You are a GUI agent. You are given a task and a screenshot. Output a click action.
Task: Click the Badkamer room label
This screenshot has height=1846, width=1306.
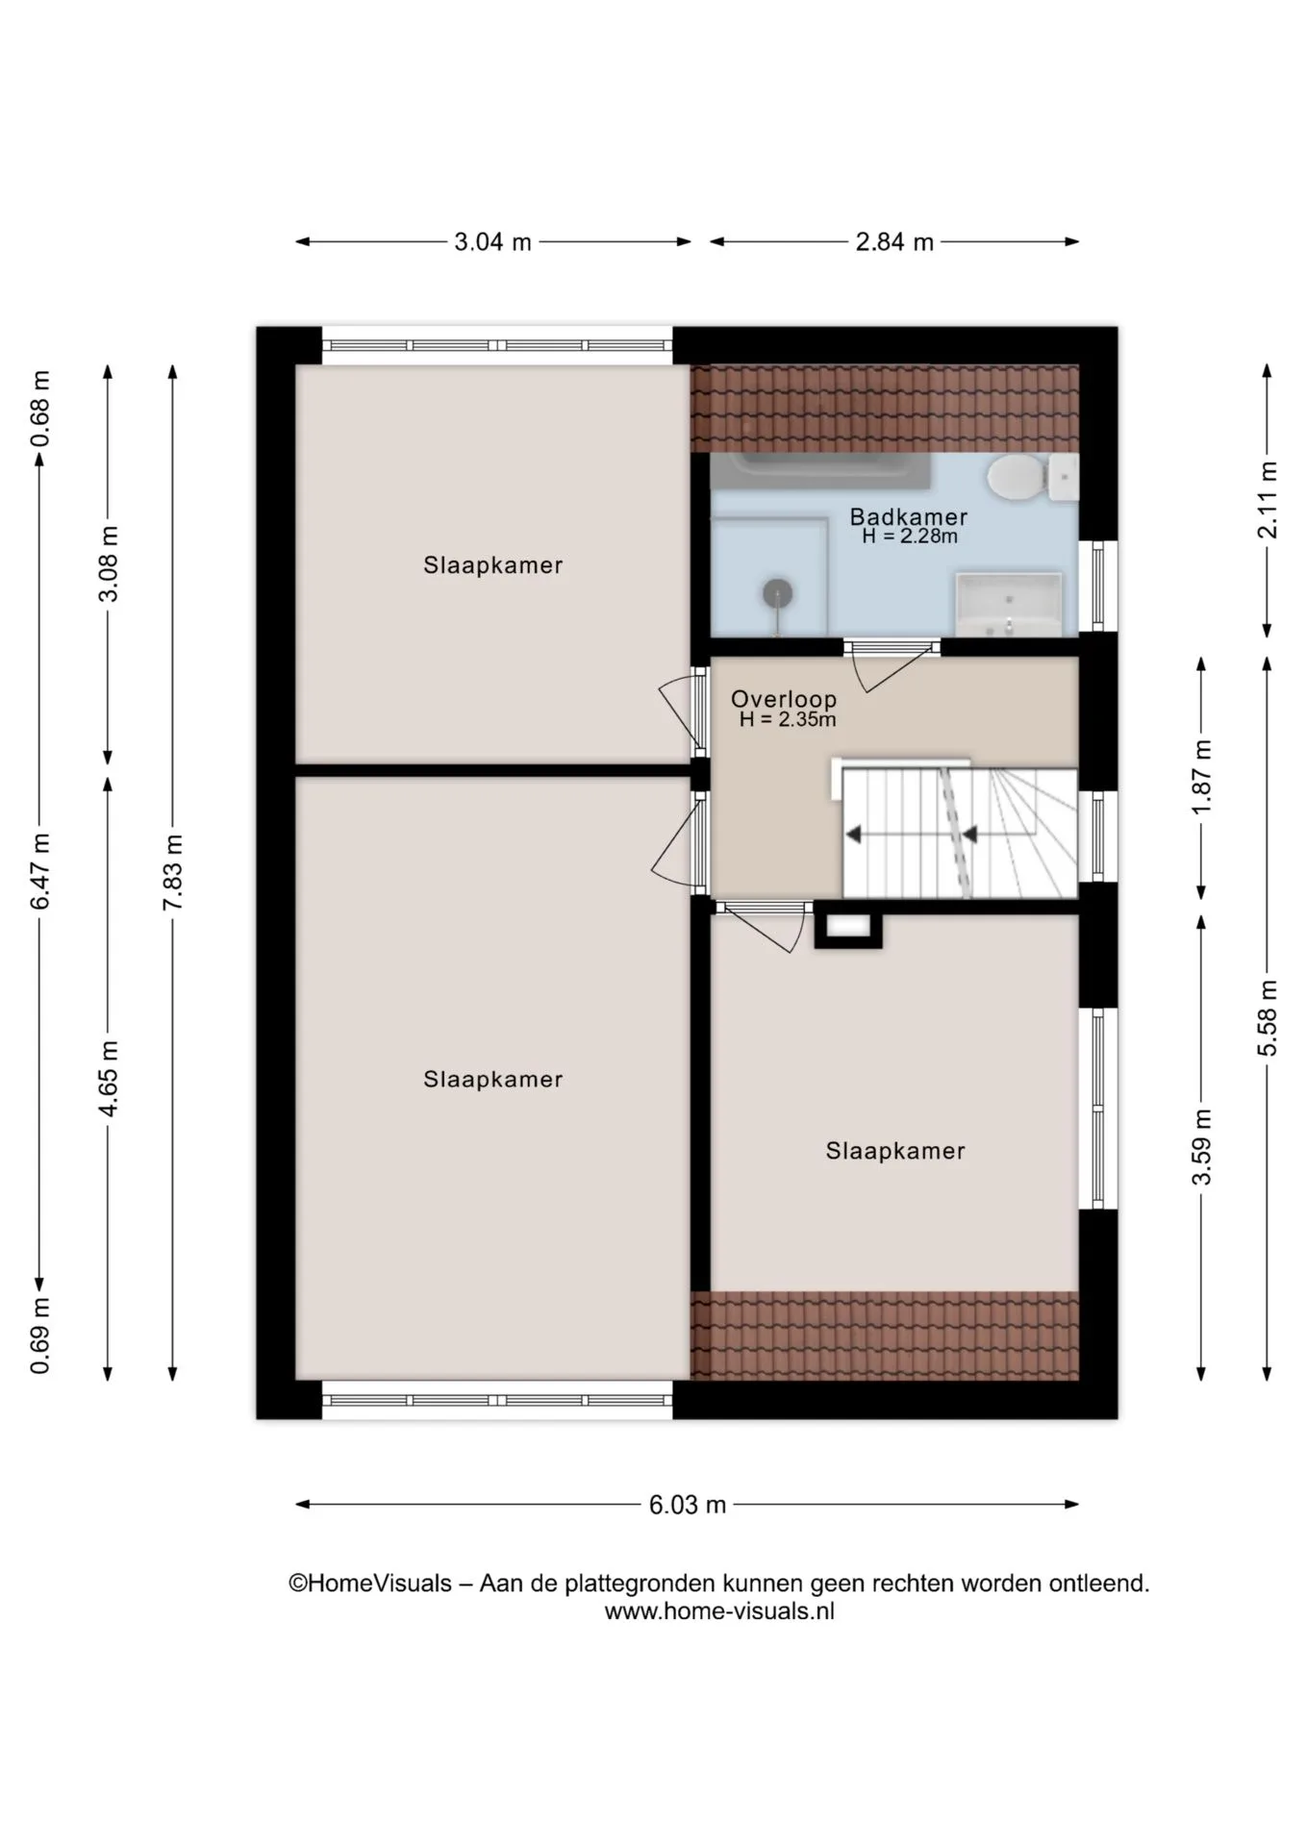[x=908, y=517]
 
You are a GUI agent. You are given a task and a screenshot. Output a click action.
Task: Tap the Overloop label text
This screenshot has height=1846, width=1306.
[x=783, y=699]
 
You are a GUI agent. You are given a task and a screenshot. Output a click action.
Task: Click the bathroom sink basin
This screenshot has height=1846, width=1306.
[x=1008, y=604]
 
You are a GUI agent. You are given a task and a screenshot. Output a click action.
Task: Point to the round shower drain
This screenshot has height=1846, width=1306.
[x=777, y=593]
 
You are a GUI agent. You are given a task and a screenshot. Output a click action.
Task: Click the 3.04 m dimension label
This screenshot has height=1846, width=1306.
[x=492, y=241]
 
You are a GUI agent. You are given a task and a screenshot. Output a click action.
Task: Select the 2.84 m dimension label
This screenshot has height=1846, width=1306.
[x=894, y=241]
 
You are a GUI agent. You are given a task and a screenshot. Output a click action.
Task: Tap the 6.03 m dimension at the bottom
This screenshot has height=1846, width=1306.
[x=687, y=1505]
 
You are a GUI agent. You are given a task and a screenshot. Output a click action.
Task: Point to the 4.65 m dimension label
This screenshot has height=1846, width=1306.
[x=109, y=1078]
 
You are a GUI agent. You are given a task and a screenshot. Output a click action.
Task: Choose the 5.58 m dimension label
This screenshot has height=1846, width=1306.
[x=1268, y=1018]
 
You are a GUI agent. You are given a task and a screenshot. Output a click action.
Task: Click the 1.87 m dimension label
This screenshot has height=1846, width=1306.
[x=1201, y=777]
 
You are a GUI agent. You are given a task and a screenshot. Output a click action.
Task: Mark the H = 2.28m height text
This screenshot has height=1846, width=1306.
[x=910, y=536]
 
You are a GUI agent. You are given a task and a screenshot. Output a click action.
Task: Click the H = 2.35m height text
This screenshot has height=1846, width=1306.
[x=788, y=719]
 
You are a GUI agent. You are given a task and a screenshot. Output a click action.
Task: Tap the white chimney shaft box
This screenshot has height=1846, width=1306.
[x=848, y=927]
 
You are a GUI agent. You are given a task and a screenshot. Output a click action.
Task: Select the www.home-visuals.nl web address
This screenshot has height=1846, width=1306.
[x=719, y=1611]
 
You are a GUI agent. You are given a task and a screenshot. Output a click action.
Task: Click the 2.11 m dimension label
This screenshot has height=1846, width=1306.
[x=1268, y=500]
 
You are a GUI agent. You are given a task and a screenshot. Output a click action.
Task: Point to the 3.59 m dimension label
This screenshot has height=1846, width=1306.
[x=1201, y=1147]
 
